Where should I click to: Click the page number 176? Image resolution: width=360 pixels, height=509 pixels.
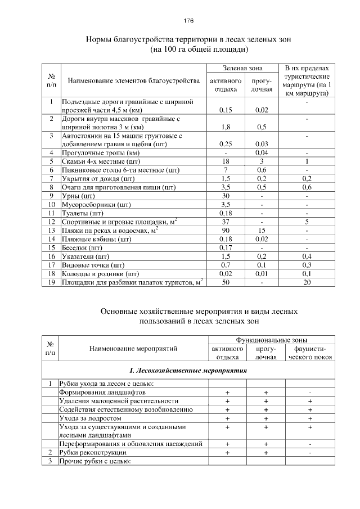pos(188,20)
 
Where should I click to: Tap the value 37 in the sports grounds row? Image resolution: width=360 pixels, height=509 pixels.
pos(224,222)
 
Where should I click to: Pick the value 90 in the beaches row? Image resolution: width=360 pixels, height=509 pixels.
pos(224,231)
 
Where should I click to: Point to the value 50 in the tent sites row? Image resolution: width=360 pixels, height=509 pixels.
pos(224,282)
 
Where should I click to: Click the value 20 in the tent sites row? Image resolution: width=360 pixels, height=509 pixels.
pos(307,282)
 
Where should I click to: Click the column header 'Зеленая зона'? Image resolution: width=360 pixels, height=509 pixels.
pos(242,67)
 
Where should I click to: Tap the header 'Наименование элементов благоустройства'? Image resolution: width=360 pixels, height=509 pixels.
pos(134,81)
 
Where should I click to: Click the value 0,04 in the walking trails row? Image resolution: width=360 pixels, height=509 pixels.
pos(261,152)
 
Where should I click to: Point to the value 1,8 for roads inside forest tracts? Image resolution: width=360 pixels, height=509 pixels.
pos(224,127)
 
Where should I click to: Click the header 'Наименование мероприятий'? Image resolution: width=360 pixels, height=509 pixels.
pos(133,349)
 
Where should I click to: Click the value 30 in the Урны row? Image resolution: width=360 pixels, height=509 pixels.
pos(224,196)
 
